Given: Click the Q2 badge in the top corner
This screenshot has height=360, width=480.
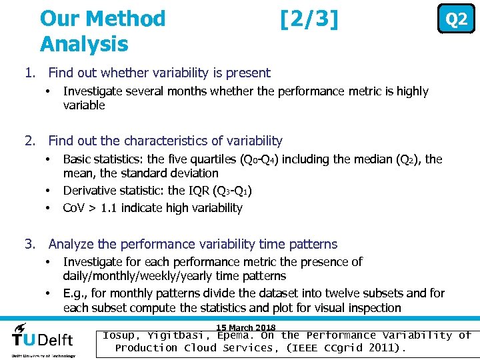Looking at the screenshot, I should [456, 20].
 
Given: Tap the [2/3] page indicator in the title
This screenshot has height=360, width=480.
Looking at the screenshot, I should [309, 19].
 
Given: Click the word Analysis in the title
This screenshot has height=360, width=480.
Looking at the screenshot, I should [84, 44].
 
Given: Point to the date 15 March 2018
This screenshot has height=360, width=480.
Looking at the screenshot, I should [246, 327].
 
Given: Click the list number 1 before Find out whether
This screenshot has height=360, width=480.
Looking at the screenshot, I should [28, 73].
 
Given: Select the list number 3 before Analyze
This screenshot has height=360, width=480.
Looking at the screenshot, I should [28, 245].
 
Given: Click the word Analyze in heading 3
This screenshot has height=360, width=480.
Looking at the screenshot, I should [72, 245].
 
